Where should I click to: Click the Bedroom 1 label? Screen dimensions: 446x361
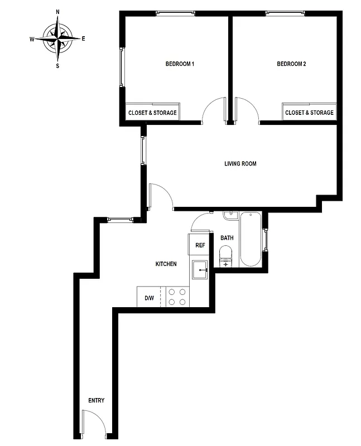(x=180, y=64)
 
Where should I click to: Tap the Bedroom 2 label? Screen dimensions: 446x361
(x=291, y=64)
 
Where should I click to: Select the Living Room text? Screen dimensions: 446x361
(x=240, y=164)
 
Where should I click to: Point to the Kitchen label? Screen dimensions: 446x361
(x=166, y=264)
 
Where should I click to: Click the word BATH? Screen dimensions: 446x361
(x=227, y=238)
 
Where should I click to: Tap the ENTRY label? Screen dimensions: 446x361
(x=96, y=400)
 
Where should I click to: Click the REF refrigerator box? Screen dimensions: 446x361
(x=200, y=245)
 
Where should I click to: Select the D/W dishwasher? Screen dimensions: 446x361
(x=149, y=298)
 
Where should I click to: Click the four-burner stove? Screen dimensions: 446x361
(x=177, y=297)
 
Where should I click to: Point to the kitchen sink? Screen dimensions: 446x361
(x=200, y=270)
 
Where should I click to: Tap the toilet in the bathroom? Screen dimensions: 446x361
(x=226, y=258)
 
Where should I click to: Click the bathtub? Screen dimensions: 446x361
(x=251, y=240)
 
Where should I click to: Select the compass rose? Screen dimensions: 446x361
(x=57, y=38)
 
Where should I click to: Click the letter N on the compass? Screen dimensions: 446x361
(x=58, y=12)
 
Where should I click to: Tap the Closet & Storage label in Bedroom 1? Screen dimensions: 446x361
(x=152, y=113)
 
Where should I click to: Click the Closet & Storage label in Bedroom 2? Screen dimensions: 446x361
(x=309, y=113)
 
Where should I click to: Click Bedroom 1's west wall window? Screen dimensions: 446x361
(x=122, y=66)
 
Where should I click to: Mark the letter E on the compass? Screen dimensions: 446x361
(x=83, y=38)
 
